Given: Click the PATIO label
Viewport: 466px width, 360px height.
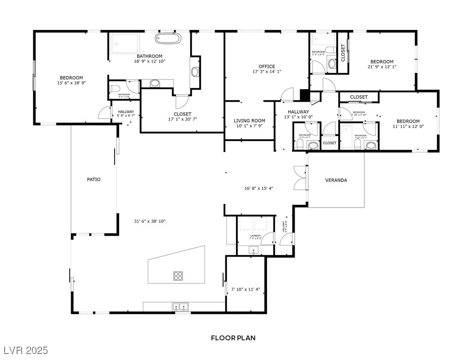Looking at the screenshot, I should (x=94, y=179).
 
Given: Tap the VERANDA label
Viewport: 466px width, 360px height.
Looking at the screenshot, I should (x=336, y=180).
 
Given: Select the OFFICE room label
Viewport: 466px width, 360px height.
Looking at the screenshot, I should (x=266, y=67).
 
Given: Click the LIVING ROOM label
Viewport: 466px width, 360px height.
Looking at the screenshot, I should (x=249, y=121).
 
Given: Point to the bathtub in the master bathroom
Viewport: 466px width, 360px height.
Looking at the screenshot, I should (x=168, y=38).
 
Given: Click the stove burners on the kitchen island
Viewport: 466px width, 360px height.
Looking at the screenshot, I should (x=178, y=276).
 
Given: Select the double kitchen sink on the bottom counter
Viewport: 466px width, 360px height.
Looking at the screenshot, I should (x=180, y=306).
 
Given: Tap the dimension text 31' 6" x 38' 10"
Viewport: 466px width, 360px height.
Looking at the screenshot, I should (x=150, y=221).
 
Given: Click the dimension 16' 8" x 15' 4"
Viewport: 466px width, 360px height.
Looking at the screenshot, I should (x=259, y=189).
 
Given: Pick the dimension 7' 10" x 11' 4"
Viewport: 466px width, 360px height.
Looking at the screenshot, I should (x=245, y=290).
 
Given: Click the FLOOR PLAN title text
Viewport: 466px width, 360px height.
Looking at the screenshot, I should (x=233, y=338).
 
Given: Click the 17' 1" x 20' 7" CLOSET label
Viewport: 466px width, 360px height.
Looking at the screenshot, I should (x=182, y=114).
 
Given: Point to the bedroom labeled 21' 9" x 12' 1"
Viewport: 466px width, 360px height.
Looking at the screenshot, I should (x=382, y=62).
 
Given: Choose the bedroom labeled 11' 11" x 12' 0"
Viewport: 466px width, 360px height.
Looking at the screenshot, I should (x=408, y=122).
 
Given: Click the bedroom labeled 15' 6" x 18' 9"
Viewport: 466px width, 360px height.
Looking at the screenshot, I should (x=71, y=78).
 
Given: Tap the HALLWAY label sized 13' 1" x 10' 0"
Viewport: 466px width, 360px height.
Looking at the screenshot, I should (x=298, y=112).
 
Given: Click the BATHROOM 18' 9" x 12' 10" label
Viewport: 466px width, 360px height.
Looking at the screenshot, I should (x=149, y=56).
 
